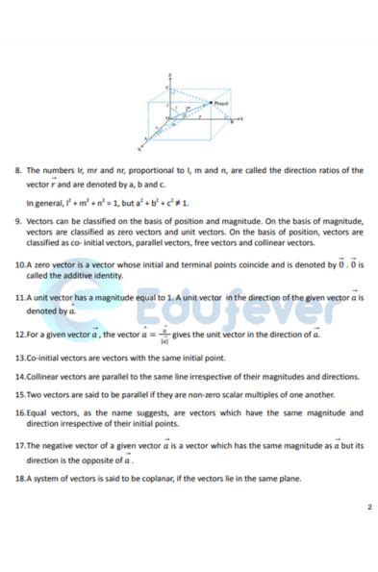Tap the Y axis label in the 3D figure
[x=240, y=118]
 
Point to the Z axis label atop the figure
[x=169, y=73]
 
